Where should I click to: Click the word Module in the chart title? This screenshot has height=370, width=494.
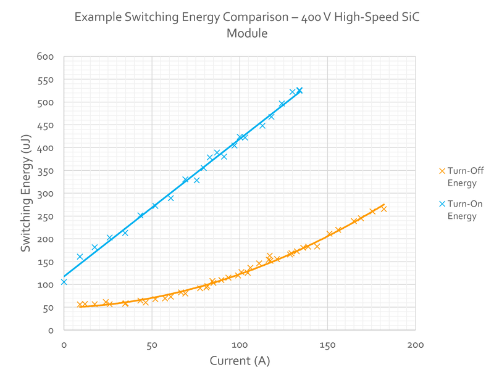247,35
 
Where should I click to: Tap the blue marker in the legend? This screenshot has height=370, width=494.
441,203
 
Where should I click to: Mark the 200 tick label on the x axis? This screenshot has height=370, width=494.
416,344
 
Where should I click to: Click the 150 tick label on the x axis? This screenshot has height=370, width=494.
327,344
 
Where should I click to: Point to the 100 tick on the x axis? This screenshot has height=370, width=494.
239,344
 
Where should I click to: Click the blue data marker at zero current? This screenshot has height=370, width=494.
63,282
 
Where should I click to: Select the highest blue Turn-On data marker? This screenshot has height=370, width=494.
299,91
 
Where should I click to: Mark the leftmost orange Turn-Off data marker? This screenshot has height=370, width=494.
81,305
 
